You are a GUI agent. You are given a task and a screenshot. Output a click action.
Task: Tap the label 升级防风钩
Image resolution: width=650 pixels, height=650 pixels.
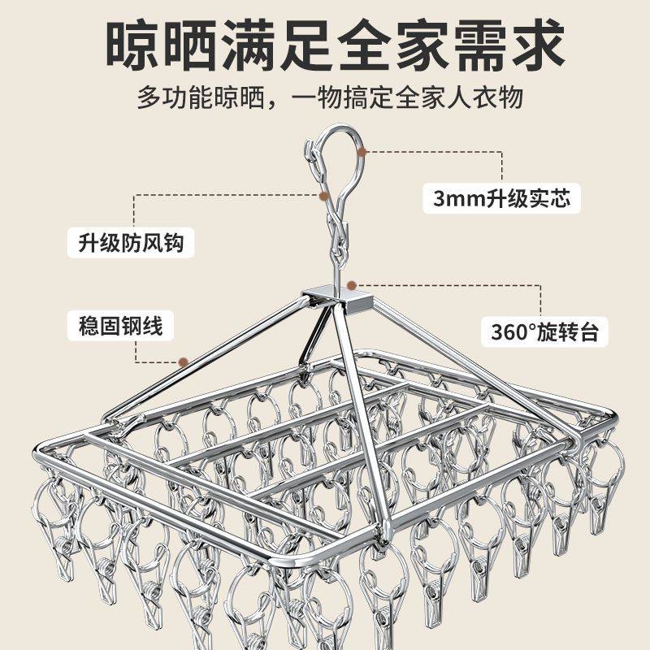point(130,243)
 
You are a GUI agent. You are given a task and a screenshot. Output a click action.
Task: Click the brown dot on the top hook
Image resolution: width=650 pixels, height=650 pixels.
point(362,152)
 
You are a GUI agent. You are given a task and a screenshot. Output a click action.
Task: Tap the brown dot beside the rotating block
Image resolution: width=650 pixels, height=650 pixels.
point(351,285)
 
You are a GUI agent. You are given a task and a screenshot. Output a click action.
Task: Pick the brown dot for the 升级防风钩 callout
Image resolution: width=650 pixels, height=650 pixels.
point(324,196)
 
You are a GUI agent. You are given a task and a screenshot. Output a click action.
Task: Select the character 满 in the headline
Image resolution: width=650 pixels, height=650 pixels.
point(283,46)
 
